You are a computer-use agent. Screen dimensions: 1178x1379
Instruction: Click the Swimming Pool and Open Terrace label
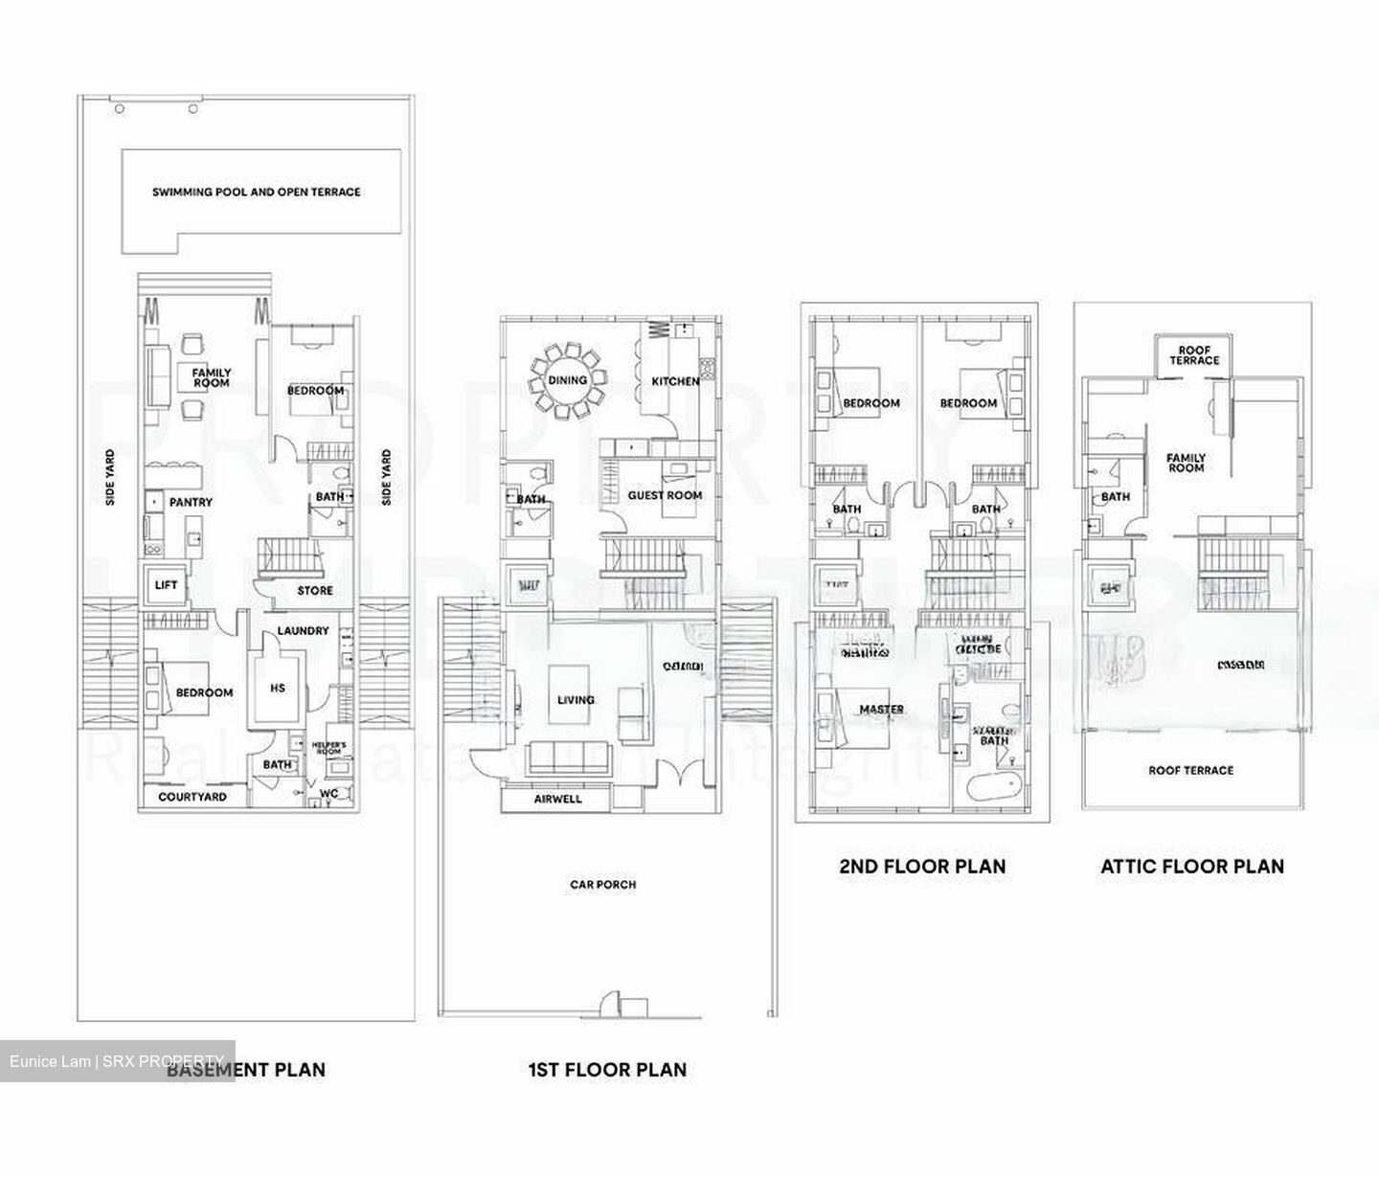click(257, 192)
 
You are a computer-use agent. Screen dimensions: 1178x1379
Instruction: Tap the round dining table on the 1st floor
click(567, 379)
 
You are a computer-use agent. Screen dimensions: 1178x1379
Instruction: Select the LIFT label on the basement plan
click(166, 585)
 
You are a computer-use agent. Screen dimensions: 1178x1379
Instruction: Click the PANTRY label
click(191, 502)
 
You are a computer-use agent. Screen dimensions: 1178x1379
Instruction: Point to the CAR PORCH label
click(602, 884)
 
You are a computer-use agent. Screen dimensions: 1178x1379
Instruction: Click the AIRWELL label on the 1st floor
click(557, 799)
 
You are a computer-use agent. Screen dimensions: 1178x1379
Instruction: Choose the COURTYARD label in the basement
click(192, 797)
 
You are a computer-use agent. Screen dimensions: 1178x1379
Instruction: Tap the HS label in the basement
click(278, 688)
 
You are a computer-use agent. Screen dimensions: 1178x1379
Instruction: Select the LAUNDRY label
click(303, 631)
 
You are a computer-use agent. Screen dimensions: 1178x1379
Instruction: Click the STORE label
click(314, 591)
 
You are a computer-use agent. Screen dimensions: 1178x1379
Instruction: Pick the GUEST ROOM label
click(665, 495)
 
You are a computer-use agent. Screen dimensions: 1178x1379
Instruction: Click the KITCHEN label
click(676, 381)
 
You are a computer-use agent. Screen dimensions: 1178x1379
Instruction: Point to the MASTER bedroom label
click(881, 710)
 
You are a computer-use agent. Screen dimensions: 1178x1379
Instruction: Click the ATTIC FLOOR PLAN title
click(1191, 867)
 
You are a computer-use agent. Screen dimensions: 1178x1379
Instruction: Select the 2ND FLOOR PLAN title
click(922, 867)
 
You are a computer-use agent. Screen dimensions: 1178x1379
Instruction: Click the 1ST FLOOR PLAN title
click(607, 1069)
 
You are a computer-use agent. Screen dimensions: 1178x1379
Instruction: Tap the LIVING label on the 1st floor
click(576, 700)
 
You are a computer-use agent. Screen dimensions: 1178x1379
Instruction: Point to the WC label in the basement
click(328, 793)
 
